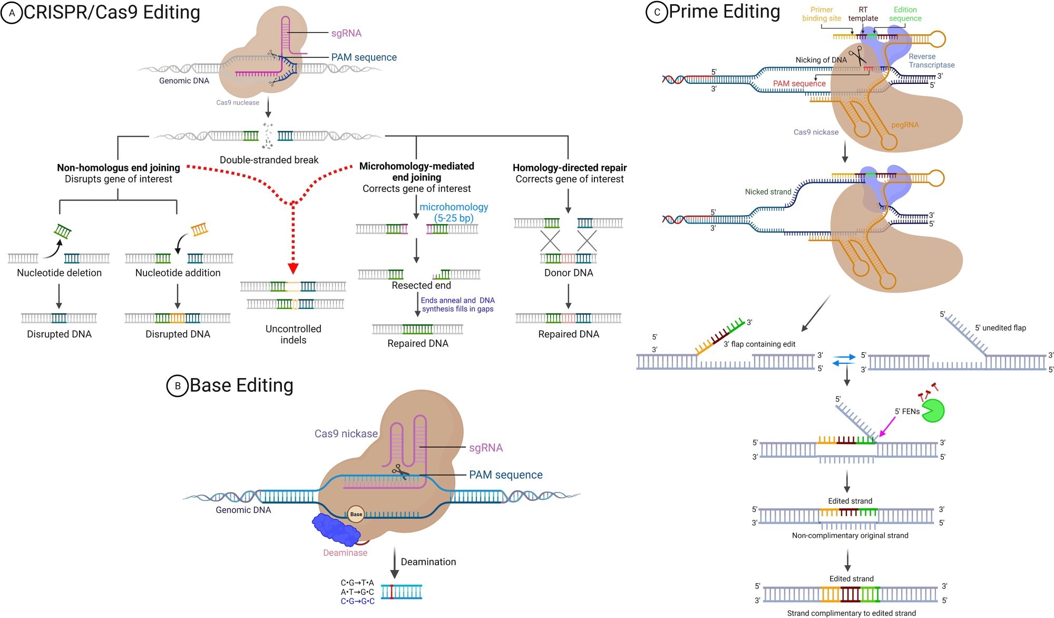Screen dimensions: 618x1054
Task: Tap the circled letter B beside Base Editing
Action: [x=178, y=386]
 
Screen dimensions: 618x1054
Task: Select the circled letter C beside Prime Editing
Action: [x=657, y=12]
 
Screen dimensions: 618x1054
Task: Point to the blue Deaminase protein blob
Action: [x=335, y=530]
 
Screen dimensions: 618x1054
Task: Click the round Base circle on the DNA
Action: [x=356, y=514]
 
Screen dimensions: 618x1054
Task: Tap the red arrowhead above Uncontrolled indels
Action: [x=293, y=268]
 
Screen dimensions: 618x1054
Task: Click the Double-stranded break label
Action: [x=269, y=160]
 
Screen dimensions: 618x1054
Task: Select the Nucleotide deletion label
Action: [x=59, y=273]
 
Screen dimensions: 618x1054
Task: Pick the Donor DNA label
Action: [x=569, y=273]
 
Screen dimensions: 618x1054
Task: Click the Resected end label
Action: [x=421, y=285]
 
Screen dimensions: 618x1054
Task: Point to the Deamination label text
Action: [x=428, y=562]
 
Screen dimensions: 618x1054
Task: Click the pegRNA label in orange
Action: [x=905, y=125]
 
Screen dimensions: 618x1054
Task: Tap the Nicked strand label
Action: [x=768, y=192]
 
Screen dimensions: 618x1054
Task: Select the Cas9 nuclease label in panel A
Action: [x=238, y=103]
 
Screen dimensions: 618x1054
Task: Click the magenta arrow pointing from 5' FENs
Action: [x=887, y=426]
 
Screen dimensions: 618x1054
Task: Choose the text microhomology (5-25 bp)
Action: [x=454, y=212]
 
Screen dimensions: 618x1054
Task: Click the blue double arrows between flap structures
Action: [x=844, y=360]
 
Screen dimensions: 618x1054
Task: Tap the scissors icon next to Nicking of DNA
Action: [x=857, y=55]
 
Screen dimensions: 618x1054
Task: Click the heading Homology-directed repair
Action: [x=570, y=168]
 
